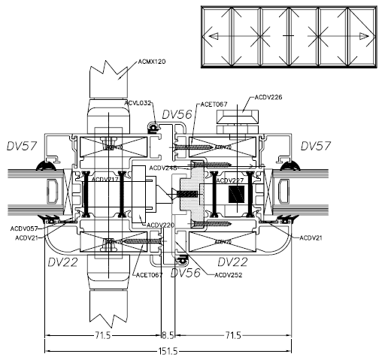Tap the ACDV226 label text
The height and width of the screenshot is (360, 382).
pos(268,97)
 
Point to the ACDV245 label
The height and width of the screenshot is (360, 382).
pos(164,168)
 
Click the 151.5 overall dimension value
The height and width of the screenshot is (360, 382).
pos(168,350)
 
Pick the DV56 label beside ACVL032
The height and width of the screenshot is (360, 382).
pos(177,113)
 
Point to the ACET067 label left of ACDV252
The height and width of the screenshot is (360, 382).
pos(149,276)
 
